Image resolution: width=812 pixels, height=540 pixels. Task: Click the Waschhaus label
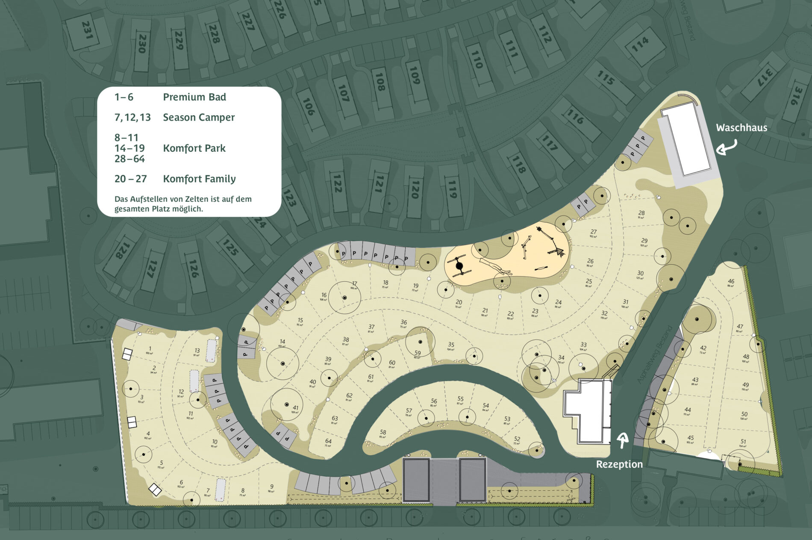point(741,127)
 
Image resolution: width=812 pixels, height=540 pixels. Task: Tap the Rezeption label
point(619,464)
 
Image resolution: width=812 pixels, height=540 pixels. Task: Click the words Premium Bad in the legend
point(194,97)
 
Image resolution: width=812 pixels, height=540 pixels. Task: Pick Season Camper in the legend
point(199,117)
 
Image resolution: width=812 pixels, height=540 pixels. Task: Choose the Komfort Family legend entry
point(199,179)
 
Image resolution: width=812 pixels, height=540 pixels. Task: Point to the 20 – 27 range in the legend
point(130,179)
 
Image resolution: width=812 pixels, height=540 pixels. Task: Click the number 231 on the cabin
point(87,30)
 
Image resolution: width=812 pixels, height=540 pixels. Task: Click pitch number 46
point(731,281)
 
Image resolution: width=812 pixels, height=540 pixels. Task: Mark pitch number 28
point(641,213)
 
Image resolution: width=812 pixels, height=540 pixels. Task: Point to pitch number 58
point(383,432)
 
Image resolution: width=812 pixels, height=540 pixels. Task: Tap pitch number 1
point(150,349)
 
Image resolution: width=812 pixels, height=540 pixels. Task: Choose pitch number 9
point(272,487)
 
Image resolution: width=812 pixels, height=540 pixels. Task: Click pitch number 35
point(451,345)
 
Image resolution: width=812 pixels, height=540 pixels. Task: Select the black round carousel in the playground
point(459,266)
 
